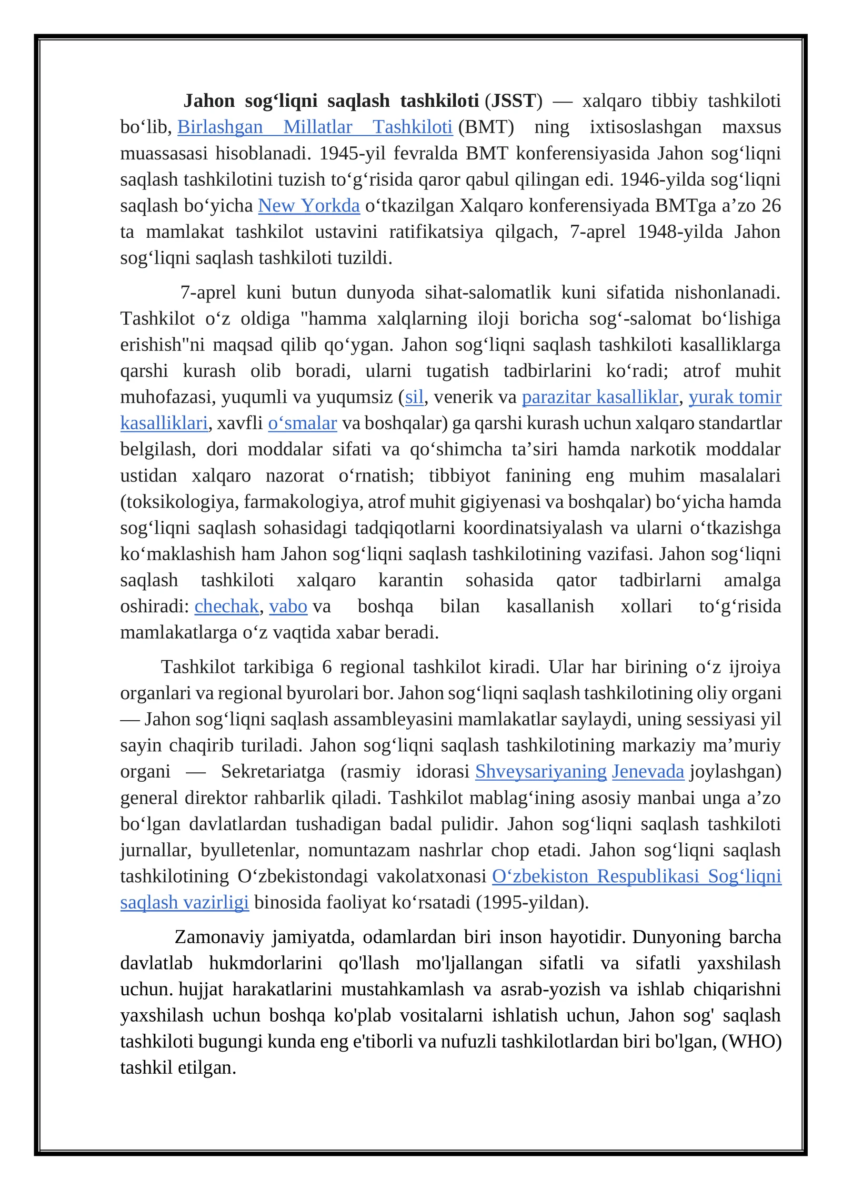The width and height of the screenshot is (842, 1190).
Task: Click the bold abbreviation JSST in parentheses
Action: pos(513,101)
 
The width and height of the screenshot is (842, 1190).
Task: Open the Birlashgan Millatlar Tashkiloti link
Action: pos(315,127)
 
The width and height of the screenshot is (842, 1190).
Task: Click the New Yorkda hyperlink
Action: pos(309,206)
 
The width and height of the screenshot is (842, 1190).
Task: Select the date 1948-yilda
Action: pos(680,232)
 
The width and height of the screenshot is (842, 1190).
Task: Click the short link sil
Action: pos(414,397)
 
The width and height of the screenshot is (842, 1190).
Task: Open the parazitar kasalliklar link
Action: pos(600,397)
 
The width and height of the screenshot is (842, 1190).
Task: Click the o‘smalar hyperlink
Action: pos(302,423)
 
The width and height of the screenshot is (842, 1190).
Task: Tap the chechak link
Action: pos(226,607)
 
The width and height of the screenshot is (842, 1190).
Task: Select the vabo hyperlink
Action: pos(288,607)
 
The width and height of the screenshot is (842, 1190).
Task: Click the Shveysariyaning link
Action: pos(540,772)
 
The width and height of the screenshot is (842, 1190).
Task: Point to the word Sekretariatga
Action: pos(273,772)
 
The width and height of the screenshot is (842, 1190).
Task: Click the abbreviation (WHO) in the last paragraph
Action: pos(751,1042)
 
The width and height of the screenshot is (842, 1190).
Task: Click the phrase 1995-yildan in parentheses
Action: pos(532,903)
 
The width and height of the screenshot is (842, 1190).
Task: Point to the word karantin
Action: pos(410,580)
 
